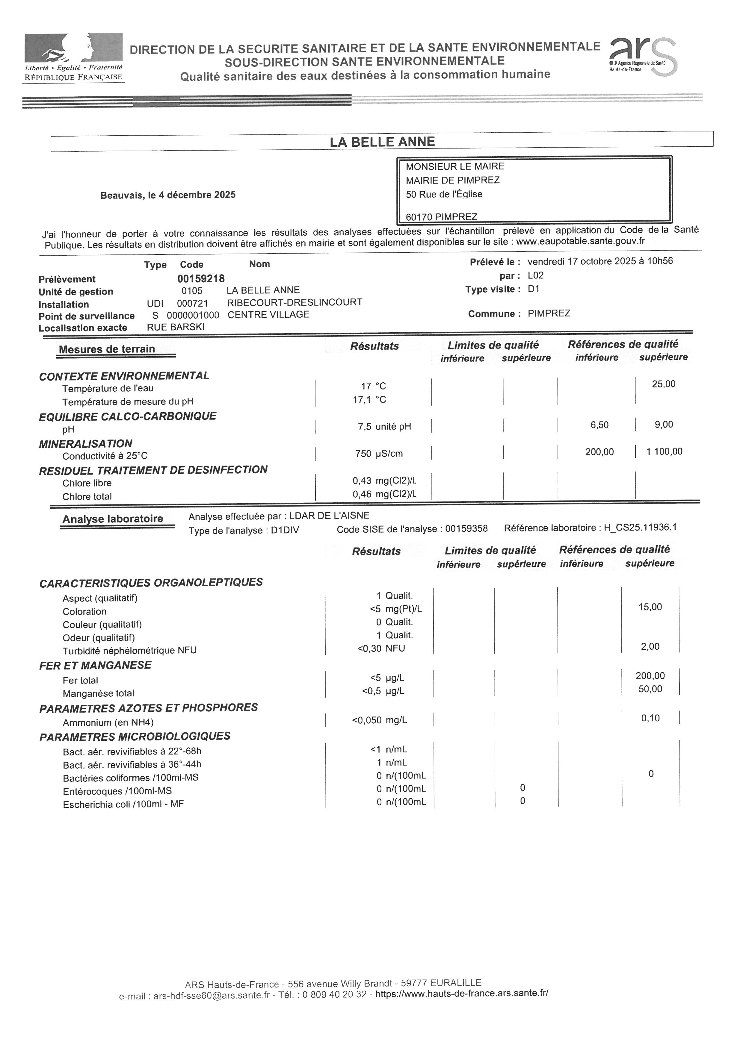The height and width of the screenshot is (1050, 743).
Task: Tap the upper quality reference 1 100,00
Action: pyautogui.click(x=664, y=452)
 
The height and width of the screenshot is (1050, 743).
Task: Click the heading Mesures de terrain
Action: pyautogui.click(x=107, y=349)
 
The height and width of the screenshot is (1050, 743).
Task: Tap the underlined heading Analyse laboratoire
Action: pyautogui.click(x=113, y=519)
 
